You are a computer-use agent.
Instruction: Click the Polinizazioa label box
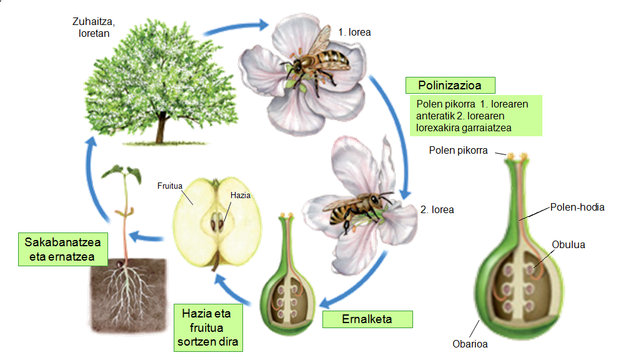click(450, 85)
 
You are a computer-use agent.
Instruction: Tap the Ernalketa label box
click(367, 319)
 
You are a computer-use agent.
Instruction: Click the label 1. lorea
click(354, 31)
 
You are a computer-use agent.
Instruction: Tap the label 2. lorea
click(437, 210)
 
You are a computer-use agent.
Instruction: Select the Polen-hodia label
click(577, 207)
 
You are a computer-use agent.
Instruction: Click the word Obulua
click(569, 244)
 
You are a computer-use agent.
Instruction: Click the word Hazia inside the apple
click(240, 196)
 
